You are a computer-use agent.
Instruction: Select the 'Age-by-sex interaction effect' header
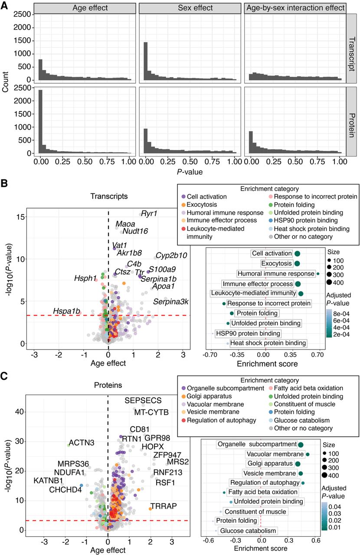295,8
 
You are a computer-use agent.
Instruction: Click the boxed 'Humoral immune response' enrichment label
276,274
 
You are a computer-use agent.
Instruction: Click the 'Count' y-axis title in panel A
5,83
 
